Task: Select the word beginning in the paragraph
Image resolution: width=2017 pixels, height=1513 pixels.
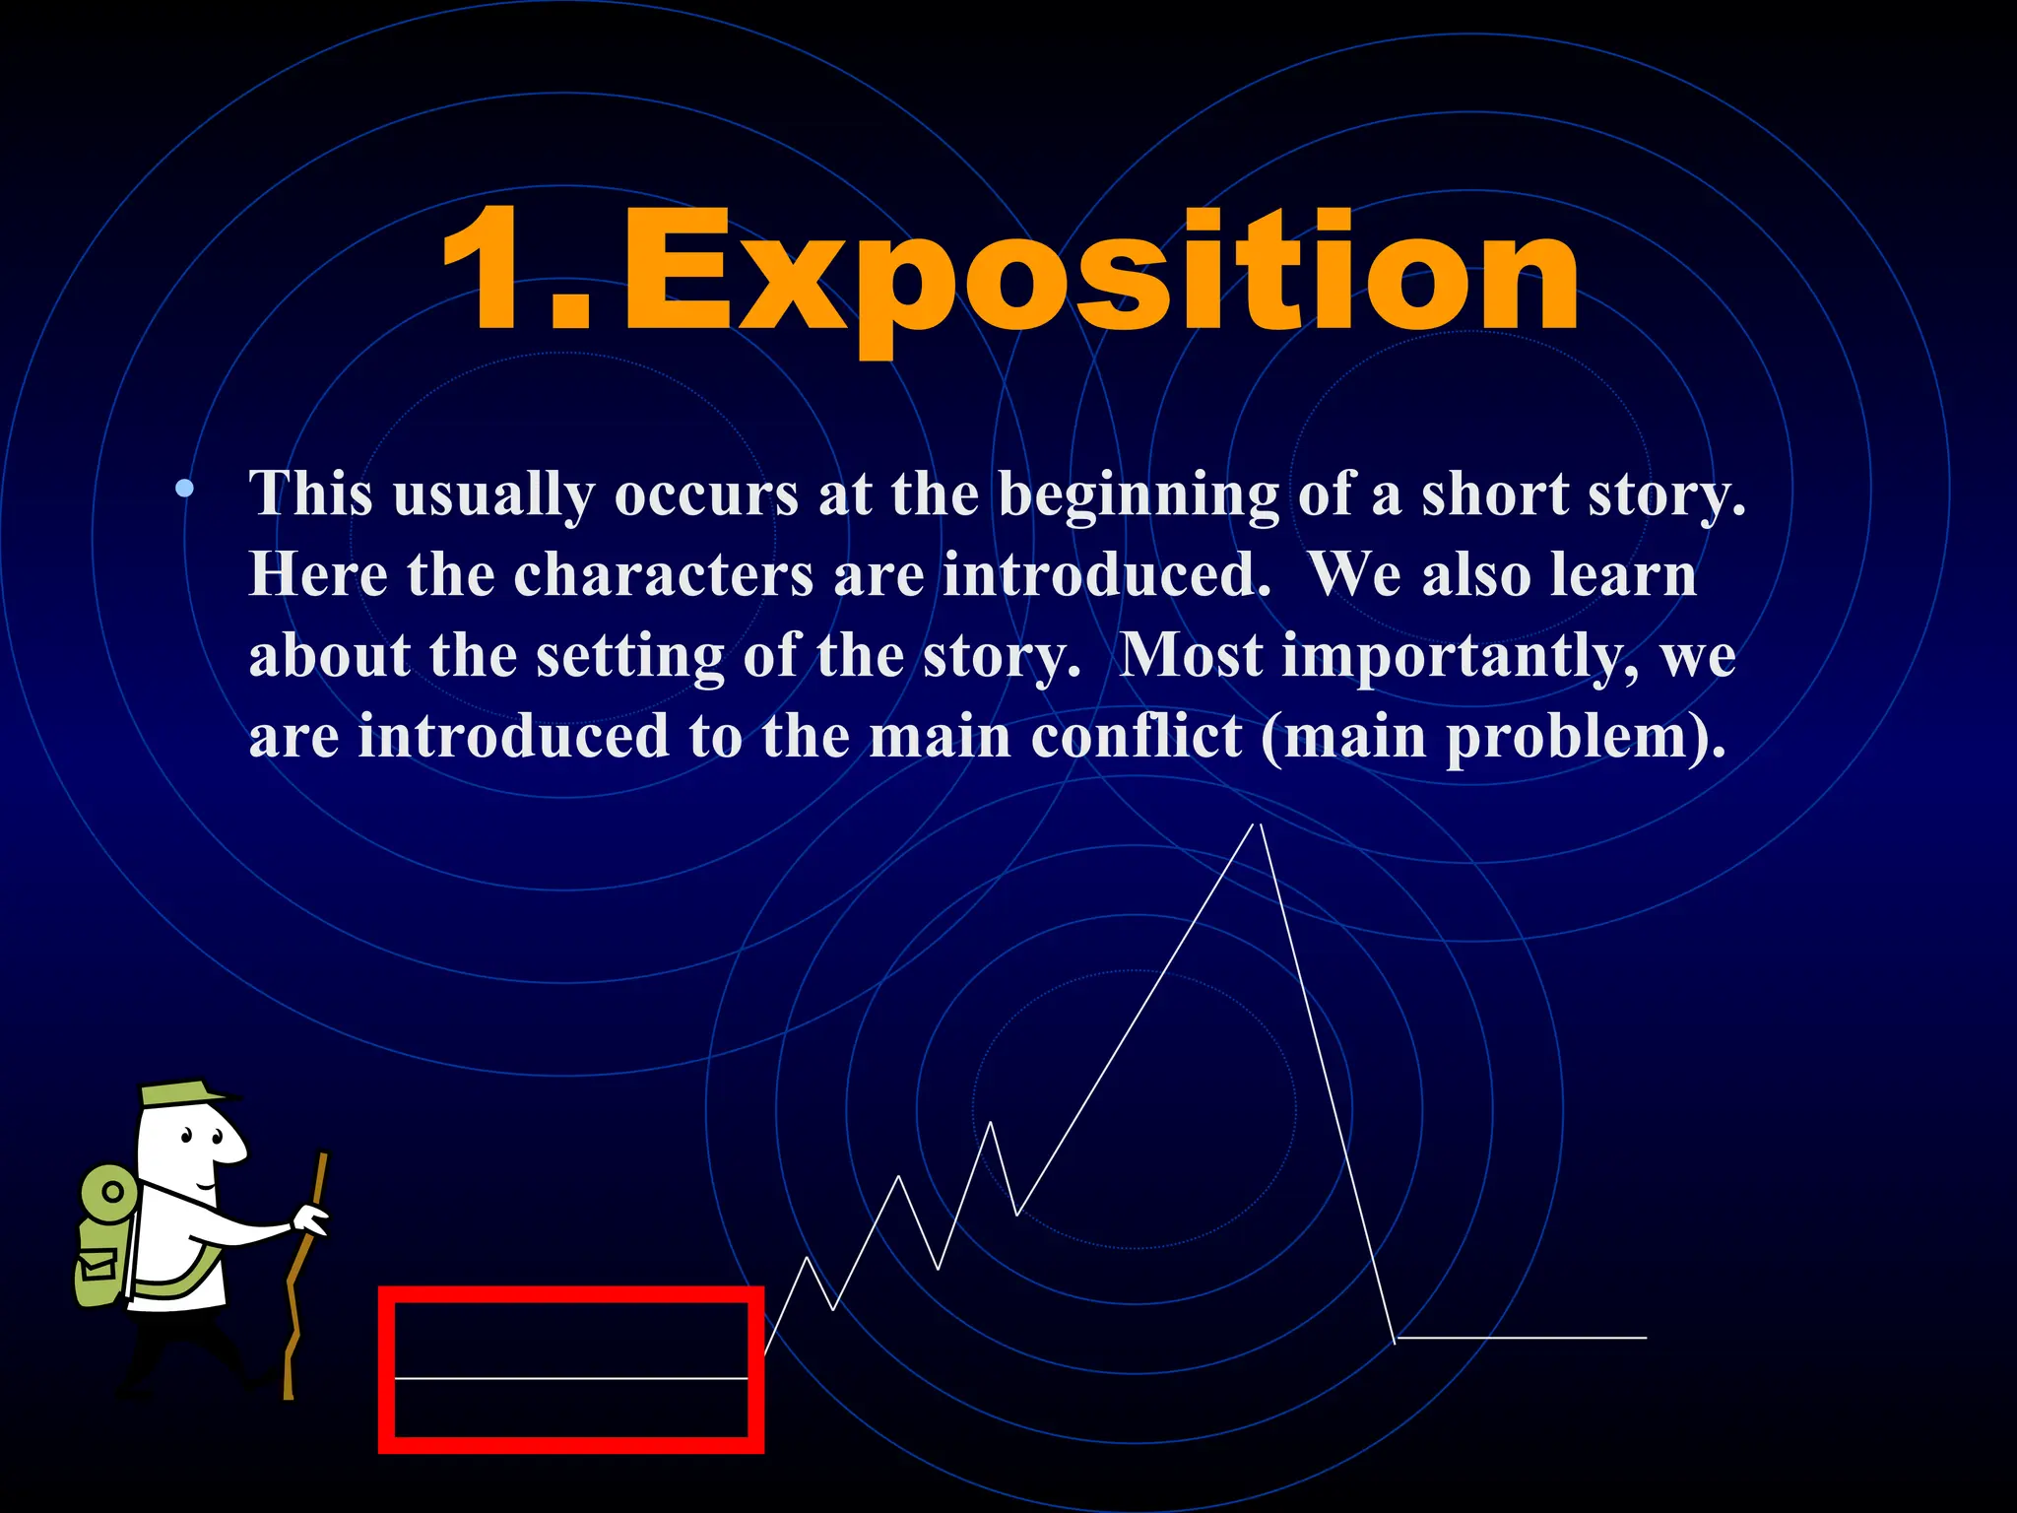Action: click(x=1139, y=493)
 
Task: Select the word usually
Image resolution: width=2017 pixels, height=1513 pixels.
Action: click(x=492, y=493)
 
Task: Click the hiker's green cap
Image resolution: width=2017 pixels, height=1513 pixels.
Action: click(x=182, y=1092)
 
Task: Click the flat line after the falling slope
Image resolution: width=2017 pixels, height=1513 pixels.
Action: click(x=1522, y=1338)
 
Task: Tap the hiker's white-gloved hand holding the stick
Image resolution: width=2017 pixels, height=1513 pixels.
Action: click(x=313, y=1221)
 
